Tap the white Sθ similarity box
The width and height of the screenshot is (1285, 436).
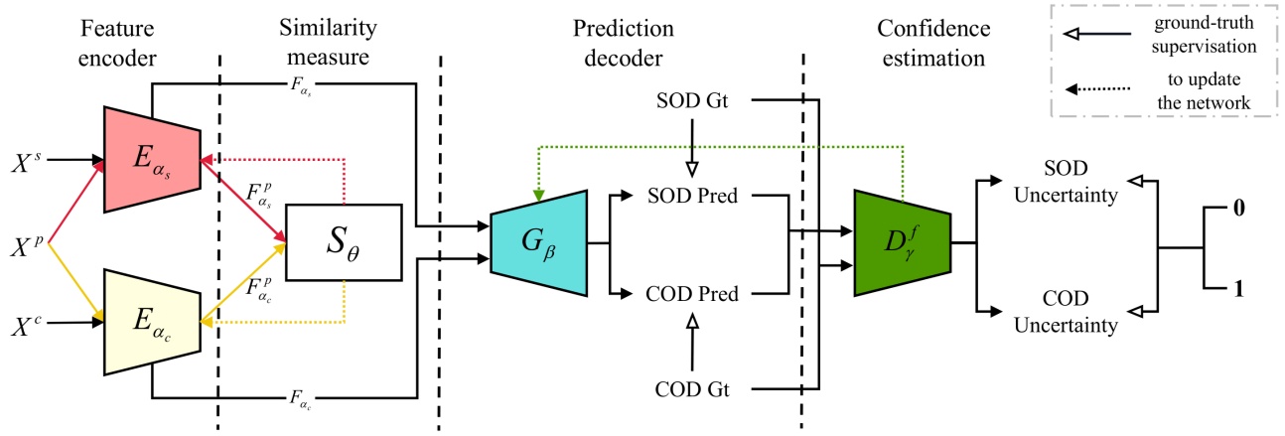click(343, 241)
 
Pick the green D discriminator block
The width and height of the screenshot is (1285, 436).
click(901, 241)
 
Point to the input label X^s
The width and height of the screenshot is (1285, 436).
click(26, 158)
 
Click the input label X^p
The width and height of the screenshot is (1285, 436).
click(26, 241)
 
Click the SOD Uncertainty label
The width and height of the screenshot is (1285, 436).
click(1070, 181)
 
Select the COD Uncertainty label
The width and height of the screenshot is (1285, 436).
click(1070, 311)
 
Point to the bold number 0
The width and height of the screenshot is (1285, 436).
click(1239, 210)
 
